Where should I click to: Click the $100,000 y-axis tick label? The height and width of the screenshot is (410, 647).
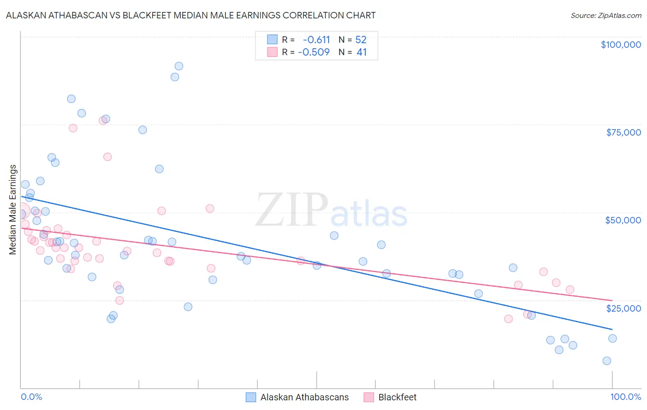(x=621, y=45)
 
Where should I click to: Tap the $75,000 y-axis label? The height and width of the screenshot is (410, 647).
(x=624, y=132)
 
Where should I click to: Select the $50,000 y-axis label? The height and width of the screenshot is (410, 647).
(x=623, y=220)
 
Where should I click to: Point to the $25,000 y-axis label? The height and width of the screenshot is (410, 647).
(x=623, y=308)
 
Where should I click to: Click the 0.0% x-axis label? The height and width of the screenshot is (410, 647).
(x=31, y=397)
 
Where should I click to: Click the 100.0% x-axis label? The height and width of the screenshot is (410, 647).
(x=625, y=397)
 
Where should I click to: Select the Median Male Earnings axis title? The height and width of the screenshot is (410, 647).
(x=13, y=210)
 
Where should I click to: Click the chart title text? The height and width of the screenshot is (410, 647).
(x=191, y=15)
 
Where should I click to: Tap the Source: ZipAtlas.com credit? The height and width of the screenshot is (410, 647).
(x=606, y=16)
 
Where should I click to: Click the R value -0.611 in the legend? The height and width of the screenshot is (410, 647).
(x=316, y=40)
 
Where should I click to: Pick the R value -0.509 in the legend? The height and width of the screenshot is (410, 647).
(x=314, y=52)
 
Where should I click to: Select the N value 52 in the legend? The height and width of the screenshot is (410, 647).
(x=361, y=40)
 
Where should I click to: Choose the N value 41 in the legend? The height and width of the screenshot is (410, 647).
(x=362, y=52)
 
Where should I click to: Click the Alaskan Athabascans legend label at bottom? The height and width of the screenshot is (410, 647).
(x=304, y=397)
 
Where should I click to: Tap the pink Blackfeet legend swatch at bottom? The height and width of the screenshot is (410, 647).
(x=369, y=397)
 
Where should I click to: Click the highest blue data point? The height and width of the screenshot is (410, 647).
(x=179, y=66)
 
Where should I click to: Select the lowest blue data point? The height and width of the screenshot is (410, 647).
(x=607, y=361)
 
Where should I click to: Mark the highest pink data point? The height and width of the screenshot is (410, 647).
(x=103, y=121)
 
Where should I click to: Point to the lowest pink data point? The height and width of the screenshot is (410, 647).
(x=508, y=319)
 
